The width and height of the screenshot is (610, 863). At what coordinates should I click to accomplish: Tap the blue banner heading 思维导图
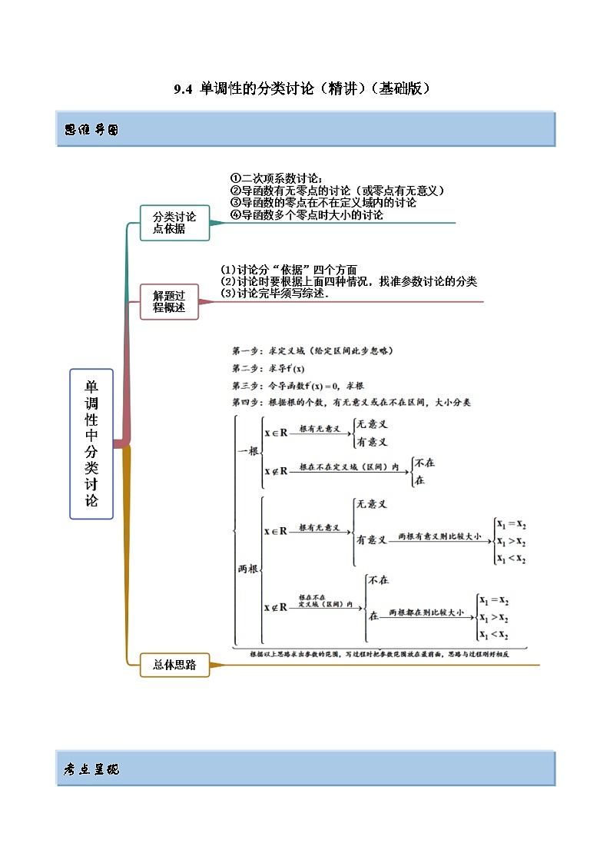91,130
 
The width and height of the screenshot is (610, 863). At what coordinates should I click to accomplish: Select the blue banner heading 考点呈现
91,769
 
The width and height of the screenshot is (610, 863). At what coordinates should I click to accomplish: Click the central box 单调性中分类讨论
91,443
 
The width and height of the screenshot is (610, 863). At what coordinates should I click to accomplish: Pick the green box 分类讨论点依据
169,223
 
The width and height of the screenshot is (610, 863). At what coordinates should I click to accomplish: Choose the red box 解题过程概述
169,301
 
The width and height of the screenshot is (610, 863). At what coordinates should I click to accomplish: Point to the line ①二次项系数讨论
277,179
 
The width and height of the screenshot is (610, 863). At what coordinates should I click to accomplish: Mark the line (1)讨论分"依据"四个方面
289,270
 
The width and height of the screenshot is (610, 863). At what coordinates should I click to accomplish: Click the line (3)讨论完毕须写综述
274,294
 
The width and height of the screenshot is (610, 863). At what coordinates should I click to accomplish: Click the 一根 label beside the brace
247,451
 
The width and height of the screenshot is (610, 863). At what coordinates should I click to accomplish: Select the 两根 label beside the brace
247,569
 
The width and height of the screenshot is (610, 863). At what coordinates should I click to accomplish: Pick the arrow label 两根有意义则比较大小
439,537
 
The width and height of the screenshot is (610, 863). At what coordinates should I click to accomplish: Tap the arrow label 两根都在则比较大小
426,613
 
